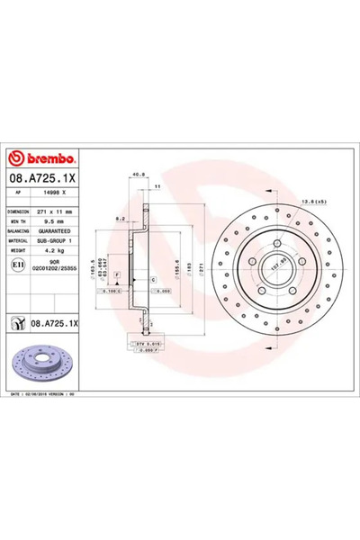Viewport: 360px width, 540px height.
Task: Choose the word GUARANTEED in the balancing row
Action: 62,229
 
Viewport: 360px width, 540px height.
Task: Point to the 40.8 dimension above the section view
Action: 137,175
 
